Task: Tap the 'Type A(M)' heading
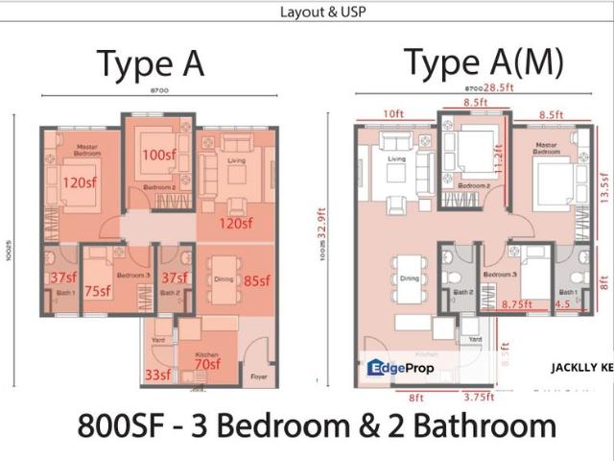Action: [x=483, y=62]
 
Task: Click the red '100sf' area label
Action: [x=157, y=155]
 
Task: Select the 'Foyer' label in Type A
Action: [x=256, y=377]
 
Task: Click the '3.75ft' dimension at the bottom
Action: [x=476, y=396]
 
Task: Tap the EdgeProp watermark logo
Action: [x=401, y=368]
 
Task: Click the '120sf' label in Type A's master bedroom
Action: [x=80, y=182]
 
